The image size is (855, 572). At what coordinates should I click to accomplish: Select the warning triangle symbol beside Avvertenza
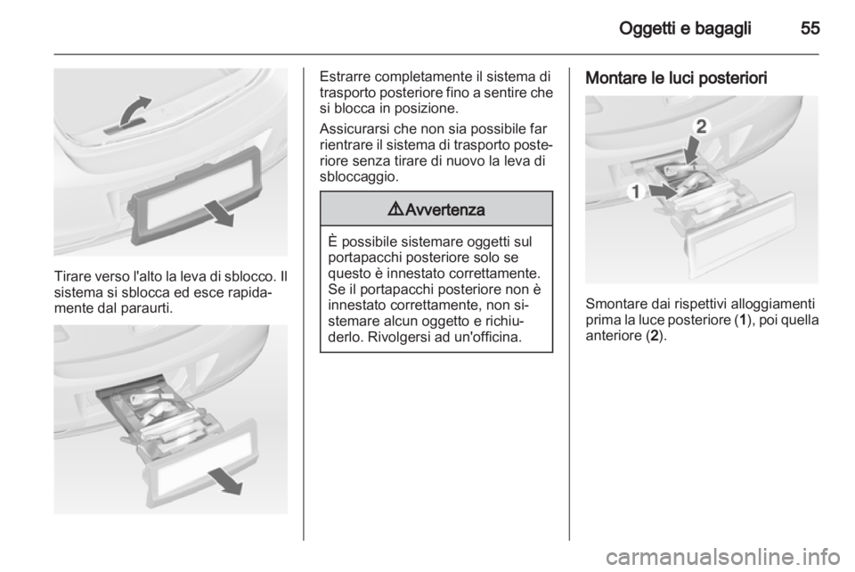[x=395, y=211]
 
